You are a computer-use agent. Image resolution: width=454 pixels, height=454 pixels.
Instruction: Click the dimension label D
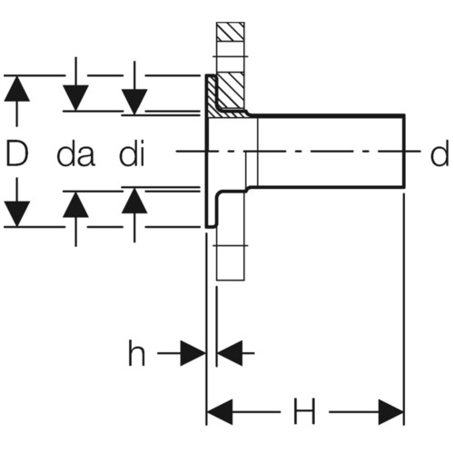[x=17, y=153]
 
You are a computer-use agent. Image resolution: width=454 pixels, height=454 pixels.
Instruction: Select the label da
[x=75, y=153]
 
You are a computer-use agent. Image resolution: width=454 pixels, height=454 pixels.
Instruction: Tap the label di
[x=133, y=153]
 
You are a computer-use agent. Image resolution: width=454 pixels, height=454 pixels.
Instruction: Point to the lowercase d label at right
[x=439, y=153]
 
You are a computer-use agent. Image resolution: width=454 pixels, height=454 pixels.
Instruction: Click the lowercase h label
[x=137, y=353]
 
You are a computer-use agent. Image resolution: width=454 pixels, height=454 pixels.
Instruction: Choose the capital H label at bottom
[x=304, y=411]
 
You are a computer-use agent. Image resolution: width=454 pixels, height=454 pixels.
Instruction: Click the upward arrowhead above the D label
[x=17, y=88]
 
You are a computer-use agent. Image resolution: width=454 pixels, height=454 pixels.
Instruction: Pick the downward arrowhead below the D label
[x=17, y=213]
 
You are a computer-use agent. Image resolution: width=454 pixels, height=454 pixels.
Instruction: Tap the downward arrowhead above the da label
[x=75, y=98]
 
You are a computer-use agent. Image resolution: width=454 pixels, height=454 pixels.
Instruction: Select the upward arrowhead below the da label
[x=75, y=204]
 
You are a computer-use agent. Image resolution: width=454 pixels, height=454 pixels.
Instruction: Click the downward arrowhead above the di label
[x=134, y=102]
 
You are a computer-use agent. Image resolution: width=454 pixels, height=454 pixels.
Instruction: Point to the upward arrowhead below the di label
[x=134, y=201]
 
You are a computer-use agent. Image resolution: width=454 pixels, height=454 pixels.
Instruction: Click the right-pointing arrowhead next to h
[x=192, y=353]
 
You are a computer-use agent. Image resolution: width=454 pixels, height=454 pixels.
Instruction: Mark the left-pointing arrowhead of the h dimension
[x=230, y=353]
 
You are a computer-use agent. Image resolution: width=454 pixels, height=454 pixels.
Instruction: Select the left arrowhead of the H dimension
[x=220, y=411]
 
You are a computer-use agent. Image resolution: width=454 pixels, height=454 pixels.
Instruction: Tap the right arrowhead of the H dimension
[x=390, y=411]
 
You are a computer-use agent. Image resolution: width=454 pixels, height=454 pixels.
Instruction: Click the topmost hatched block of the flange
[x=231, y=32]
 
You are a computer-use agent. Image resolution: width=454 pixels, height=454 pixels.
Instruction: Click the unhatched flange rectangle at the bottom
[x=231, y=262]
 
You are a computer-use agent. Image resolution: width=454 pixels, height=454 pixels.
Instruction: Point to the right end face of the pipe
[x=404, y=151]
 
